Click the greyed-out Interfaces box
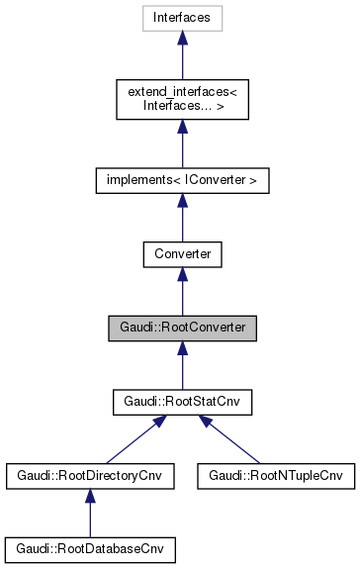(x=182, y=18)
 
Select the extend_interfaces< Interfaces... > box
(x=182, y=98)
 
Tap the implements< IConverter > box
(x=182, y=180)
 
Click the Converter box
(x=182, y=254)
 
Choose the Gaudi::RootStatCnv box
(x=182, y=403)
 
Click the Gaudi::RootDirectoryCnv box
(x=90, y=476)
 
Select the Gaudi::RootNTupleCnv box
(x=275, y=476)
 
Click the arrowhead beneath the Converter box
(x=182, y=275)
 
